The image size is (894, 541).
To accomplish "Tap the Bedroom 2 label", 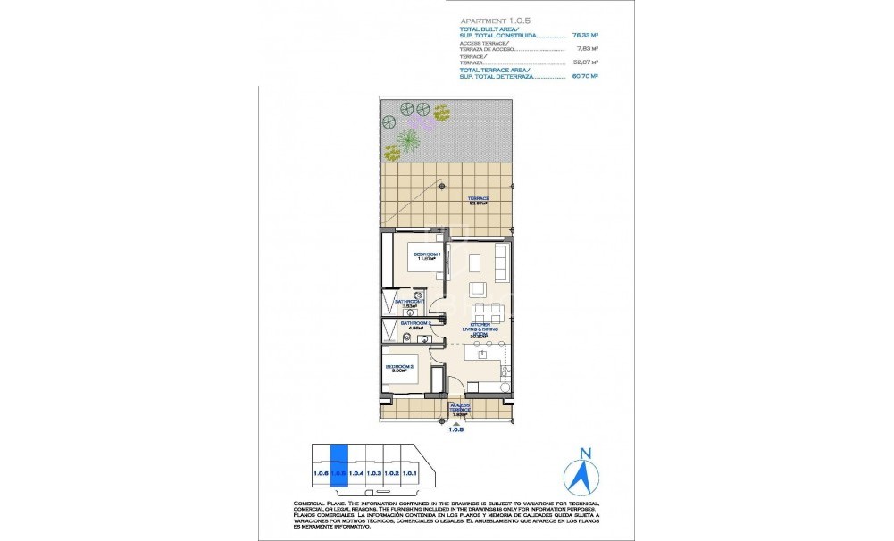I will coord(398,369).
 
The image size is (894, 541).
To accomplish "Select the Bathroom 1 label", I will coord(407,303).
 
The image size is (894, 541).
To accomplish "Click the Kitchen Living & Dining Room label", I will coord(477,330).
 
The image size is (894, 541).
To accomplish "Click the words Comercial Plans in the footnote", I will coord(313,504).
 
